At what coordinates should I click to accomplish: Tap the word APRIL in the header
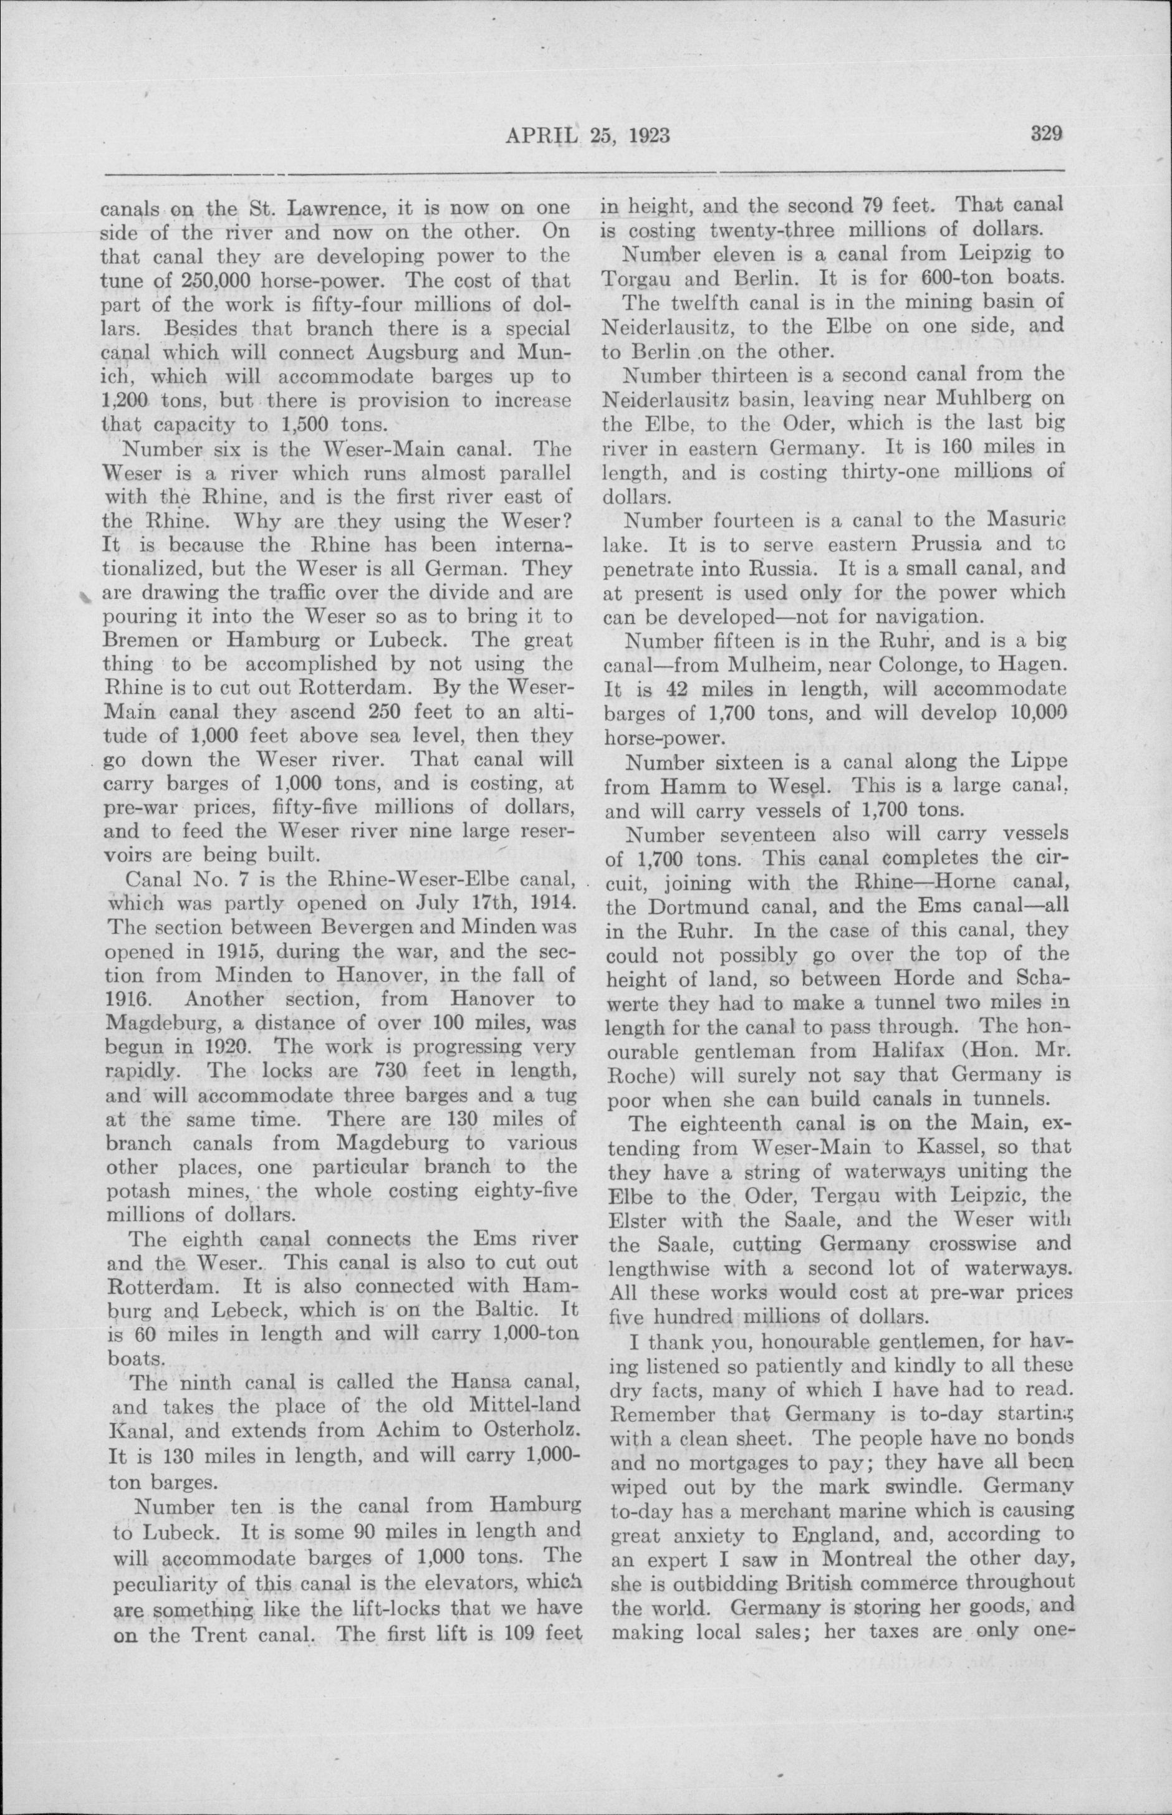click(x=537, y=136)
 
